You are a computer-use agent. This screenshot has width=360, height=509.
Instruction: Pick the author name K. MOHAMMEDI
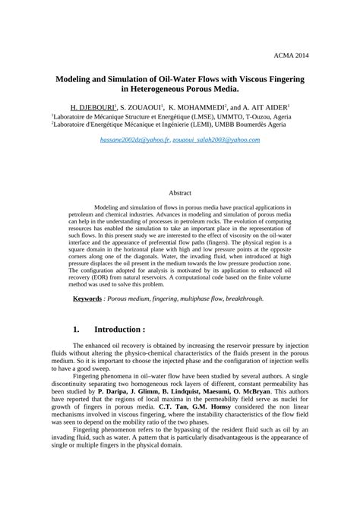point(199,108)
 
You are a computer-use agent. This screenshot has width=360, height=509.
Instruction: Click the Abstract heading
point(180,193)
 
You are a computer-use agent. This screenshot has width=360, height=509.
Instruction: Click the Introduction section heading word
point(119,330)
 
